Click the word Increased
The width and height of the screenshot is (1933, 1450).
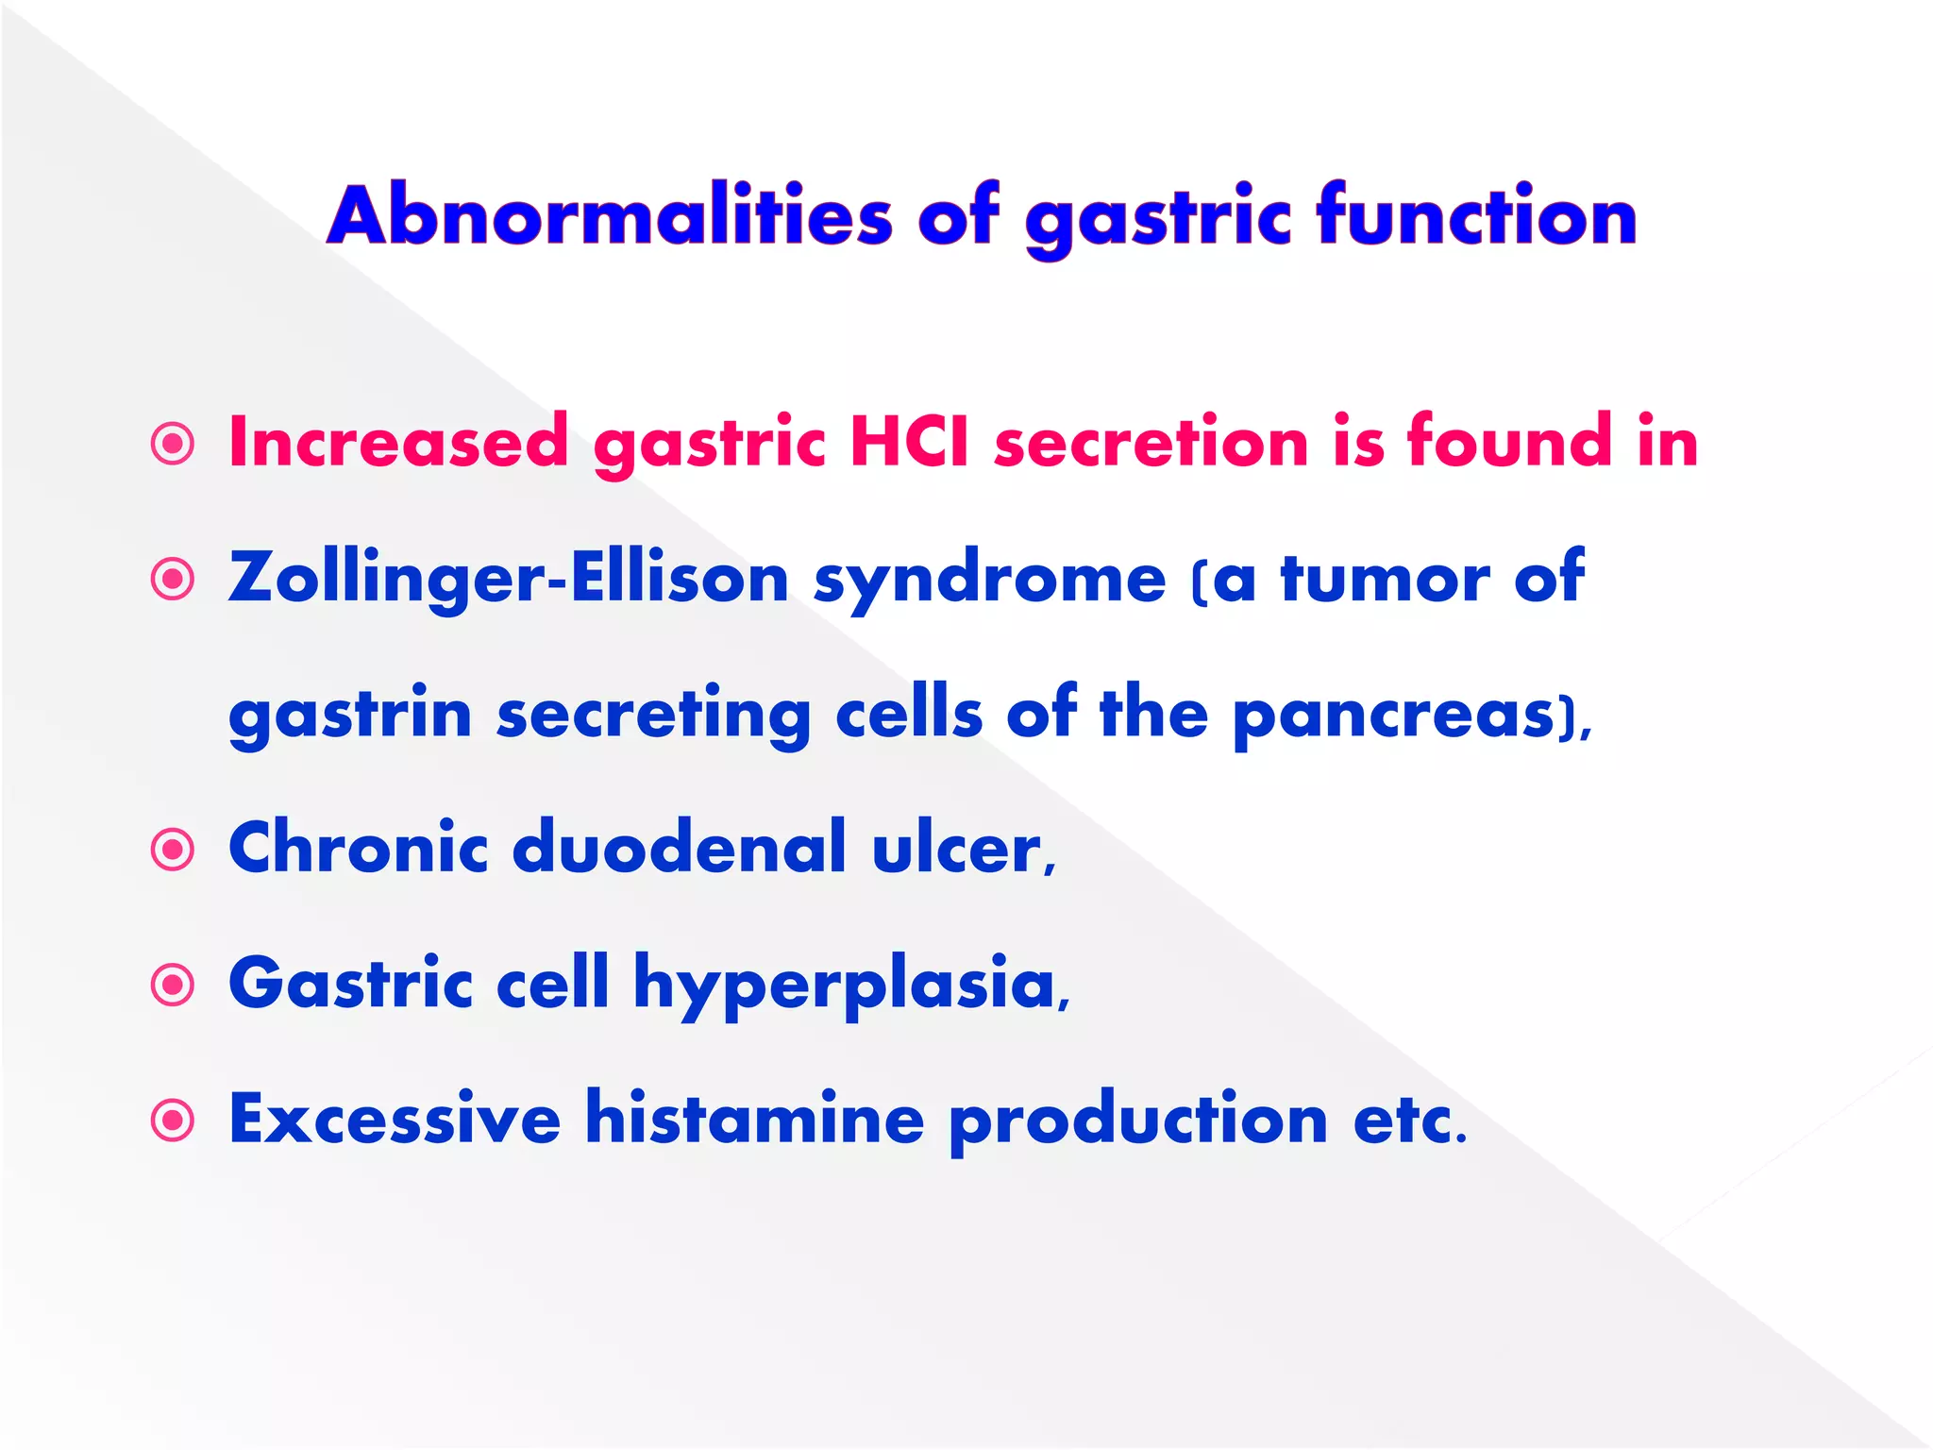click(x=398, y=441)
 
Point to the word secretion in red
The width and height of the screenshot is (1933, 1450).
click(x=1151, y=441)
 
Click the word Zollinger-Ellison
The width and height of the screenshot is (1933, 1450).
click(x=509, y=577)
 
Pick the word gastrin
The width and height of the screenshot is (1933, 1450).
click(x=350, y=715)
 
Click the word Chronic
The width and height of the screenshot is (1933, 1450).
click(x=359, y=847)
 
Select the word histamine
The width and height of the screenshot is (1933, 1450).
click(x=754, y=1118)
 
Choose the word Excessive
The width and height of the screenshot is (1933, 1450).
click(x=395, y=1118)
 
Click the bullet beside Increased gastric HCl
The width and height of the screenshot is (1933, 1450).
click(x=173, y=443)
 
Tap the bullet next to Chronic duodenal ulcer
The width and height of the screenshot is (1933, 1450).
click(x=173, y=850)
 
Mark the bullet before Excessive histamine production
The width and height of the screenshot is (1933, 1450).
click(x=173, y=1121)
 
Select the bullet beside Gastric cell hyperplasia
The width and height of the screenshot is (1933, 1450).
click(x=173, y=986)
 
